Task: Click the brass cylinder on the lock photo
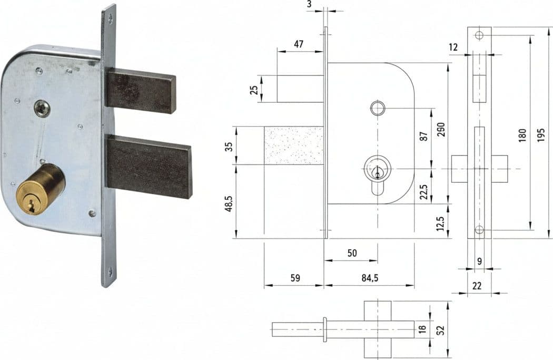click(41, 188)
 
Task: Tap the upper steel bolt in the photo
click(141, 90)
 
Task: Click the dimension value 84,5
click(370, 278)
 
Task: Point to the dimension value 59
click(295, 278)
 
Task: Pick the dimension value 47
click(299, 44)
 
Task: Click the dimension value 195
click(541, 135)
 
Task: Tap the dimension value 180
click(522, 135)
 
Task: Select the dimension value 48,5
click(230, 203)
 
